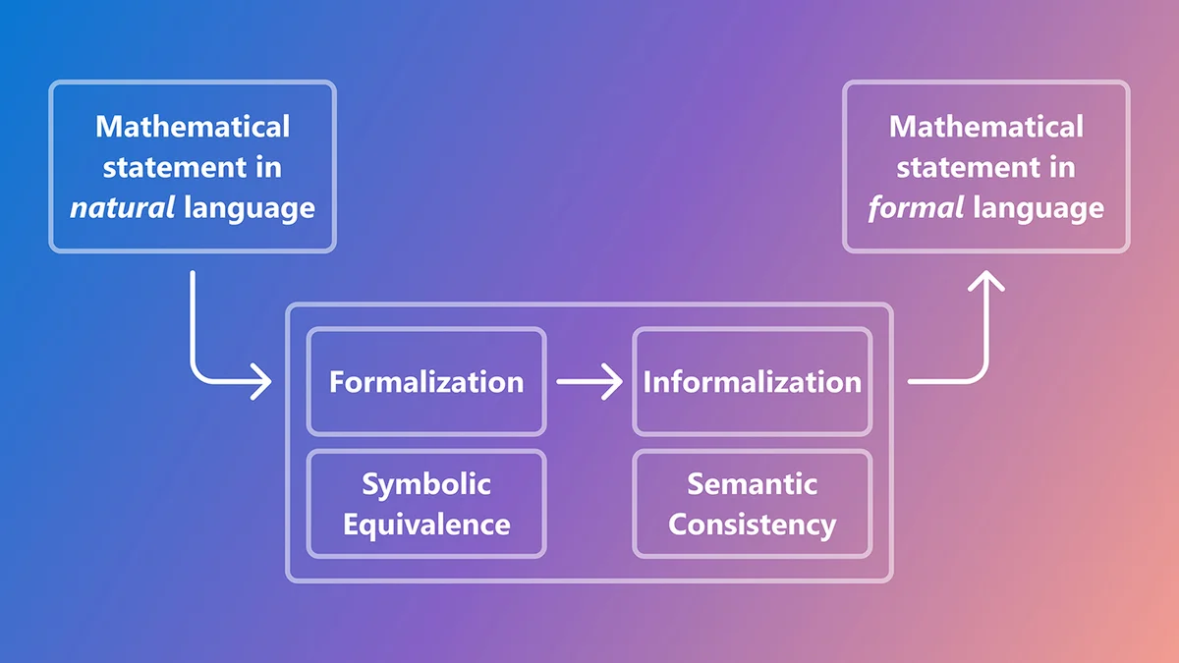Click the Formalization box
point(425,382)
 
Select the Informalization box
point(752,382)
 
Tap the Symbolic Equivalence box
point(425,504)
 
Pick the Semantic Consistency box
point(752,504)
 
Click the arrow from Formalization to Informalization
point(589,381)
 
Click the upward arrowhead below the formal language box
point(985,285)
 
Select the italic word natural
point(121,208)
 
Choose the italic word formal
point(916,208)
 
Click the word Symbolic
point(426,484)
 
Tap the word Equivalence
point(426,524)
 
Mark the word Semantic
point(752,484)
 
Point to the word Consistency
point(752,524)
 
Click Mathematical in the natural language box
point(193,127)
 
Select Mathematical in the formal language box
point(985,127)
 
